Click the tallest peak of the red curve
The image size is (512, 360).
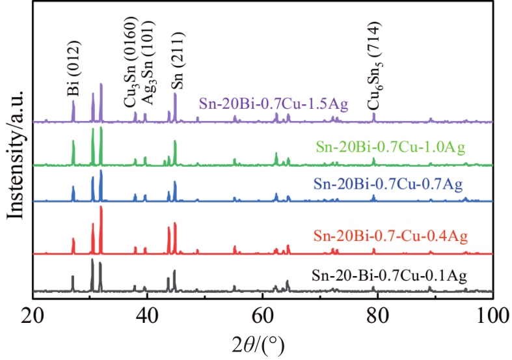[x=101, y=207]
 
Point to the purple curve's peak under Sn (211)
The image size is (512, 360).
[x=175, y=94]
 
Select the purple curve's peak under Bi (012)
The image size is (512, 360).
[x=73, y=102]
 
